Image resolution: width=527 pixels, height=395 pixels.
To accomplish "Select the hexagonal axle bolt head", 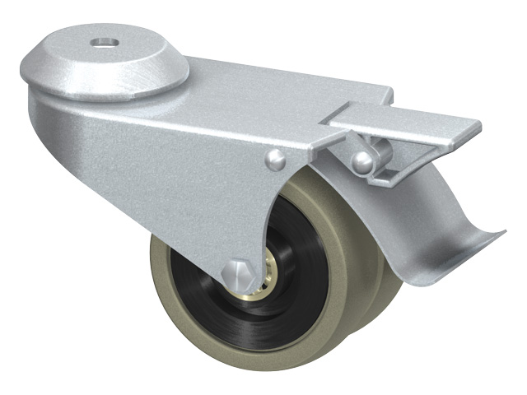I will pyautogui.click(x=239, y=271).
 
